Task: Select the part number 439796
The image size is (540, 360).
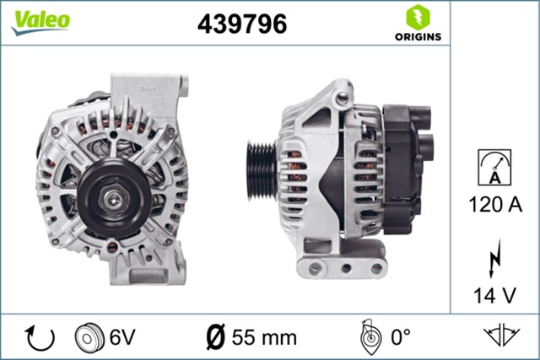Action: click(x=241, y=24)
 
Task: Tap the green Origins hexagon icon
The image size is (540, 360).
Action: click(x=418, y=16)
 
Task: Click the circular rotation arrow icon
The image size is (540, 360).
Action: click(x=40, y=337)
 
